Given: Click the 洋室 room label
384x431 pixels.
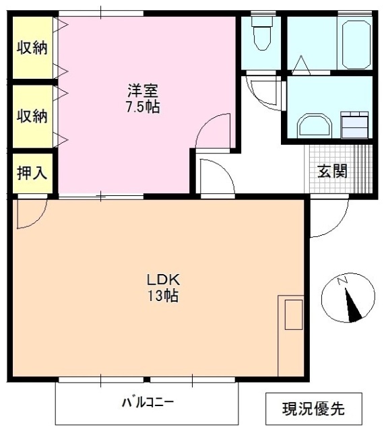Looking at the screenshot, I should (144, 90).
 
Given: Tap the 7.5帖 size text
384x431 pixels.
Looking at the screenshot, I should (144, 106).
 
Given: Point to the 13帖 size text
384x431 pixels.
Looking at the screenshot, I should (162, 296).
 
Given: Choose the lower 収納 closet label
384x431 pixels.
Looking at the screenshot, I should (32, 115).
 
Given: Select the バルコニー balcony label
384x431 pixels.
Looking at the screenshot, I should (148, 403).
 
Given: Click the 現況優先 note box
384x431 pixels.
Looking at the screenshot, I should (313, 408).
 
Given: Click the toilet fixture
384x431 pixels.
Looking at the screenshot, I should (261, 34).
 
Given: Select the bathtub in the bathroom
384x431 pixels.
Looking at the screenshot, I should (356, 44).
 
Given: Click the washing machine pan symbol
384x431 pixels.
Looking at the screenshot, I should (354, 125).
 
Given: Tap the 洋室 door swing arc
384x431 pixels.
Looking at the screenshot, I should (214, 129).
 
